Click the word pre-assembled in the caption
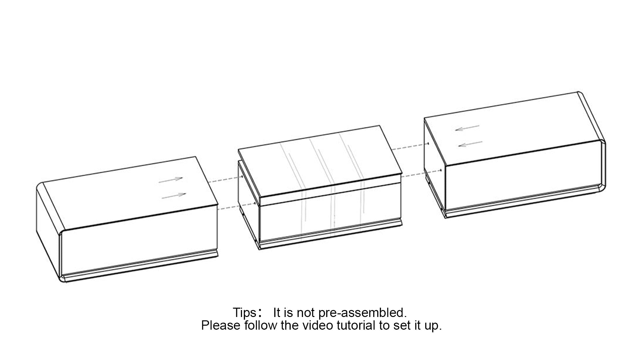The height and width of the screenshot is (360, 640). [x=362, y=313]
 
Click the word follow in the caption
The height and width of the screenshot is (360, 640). [x=260, y=325]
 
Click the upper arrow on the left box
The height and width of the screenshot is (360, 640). [x=171, y=180]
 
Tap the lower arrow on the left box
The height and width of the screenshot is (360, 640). [x=174, y=196]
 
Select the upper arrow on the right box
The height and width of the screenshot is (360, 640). [x=467, y=128]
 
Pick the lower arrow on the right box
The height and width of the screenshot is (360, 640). [x=470, y=144]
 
